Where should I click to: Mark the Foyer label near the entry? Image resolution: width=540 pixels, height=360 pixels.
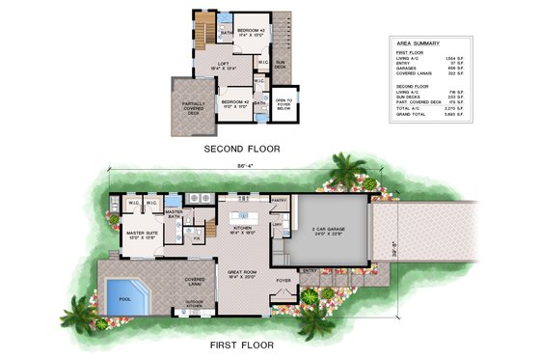pyautogui.click(x=283, y=282)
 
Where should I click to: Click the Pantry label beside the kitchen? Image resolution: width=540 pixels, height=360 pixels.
pyautogui.click(x=280, y=200)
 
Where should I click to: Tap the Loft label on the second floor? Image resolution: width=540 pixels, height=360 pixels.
pyautogui.click(x=223, y=65)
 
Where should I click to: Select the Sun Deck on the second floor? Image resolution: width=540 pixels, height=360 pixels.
pyautogui.click(x=282, y=59)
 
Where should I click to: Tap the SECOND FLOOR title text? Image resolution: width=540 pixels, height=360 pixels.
pyautogui.click(x=241, y=150)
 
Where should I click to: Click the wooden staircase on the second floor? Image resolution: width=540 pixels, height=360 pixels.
pyautogui.click(x=205, y=29)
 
